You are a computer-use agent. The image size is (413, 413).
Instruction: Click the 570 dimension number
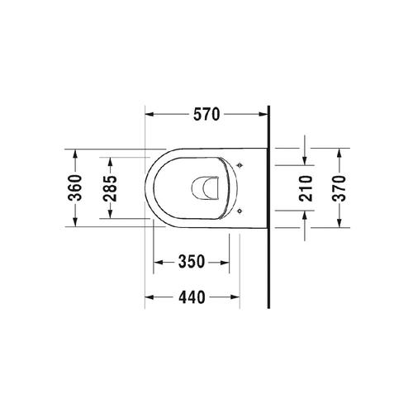206,116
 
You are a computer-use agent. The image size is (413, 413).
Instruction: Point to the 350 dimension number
192,262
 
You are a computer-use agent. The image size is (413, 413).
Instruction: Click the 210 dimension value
304,189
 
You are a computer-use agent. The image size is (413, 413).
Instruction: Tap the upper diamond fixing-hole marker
240,167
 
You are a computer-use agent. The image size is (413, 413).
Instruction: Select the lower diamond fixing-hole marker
240,211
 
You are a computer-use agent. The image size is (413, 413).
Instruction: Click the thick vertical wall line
269,206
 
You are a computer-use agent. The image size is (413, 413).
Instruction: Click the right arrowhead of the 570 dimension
264,116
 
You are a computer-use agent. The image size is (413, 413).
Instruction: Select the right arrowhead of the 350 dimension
226,262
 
